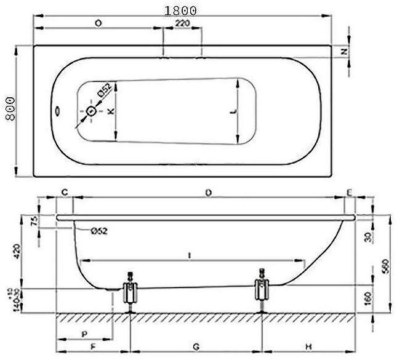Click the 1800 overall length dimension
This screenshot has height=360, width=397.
[x=180, y=10]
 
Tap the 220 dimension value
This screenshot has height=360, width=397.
[x=182, y=24]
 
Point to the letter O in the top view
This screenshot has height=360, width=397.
[x=98, y=24]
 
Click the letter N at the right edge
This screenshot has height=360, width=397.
[x=345, y=52]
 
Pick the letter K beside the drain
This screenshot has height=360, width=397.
[x=110, y=111]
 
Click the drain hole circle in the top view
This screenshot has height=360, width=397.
[x=92, y=111]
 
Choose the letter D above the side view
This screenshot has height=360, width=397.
[x=209, y=194]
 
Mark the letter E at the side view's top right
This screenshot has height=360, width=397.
[x=349, y=194]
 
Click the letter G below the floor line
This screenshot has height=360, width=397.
[x=196, y=347]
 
